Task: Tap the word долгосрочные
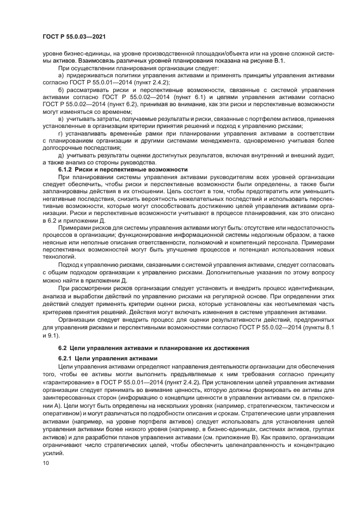pyautogui.click(x=58, y=148)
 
